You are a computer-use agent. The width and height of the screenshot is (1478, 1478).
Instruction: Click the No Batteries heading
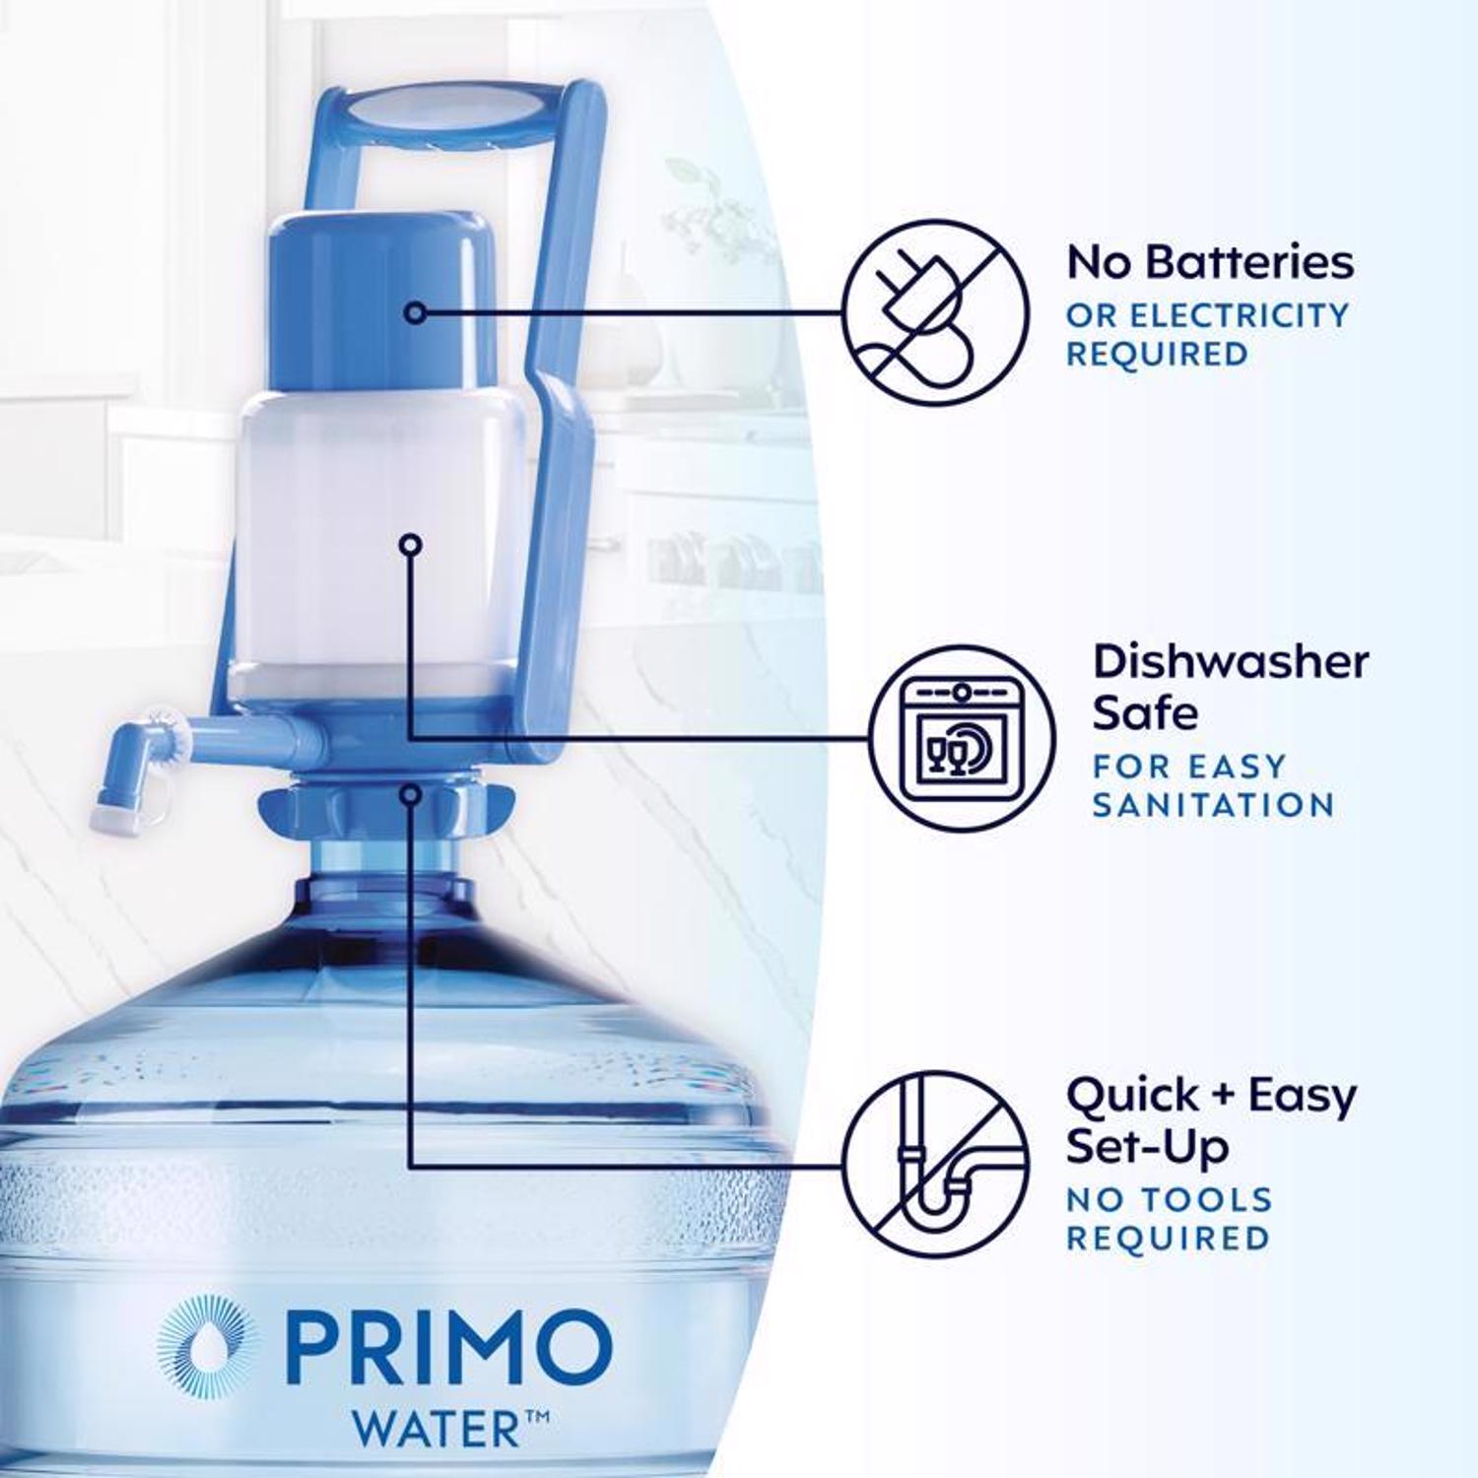point(1210,262)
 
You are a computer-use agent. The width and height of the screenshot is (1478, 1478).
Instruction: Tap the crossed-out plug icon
point(935,312)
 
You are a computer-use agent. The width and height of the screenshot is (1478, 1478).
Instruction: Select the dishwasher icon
point(962,738)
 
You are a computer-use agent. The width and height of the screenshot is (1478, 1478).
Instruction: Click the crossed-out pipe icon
point(935,1165)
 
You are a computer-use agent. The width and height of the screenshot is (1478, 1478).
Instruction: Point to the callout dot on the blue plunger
point(416,312)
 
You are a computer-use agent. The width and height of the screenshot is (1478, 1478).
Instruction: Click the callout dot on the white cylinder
point(411,543)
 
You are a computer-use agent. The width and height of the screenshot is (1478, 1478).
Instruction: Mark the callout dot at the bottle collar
point(411,793)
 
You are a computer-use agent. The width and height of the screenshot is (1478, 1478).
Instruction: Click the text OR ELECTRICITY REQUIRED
point(1207,334)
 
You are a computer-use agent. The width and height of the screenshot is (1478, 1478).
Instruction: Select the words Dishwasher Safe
point(1231,688)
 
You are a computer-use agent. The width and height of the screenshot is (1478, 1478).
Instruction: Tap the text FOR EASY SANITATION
point(1213,785)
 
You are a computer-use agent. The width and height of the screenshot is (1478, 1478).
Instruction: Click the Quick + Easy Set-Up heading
point(1211,1120)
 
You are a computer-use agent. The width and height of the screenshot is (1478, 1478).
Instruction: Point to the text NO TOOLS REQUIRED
point(1170,1219)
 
